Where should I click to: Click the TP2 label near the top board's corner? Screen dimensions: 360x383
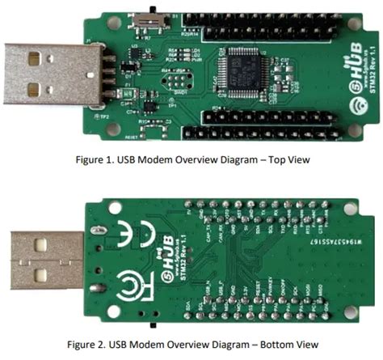coord(104,115)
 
